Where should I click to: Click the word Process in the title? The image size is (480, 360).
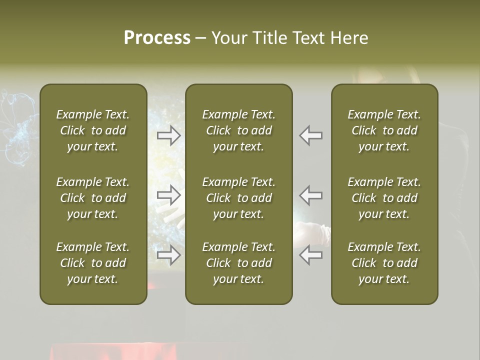click(x=157, y=38)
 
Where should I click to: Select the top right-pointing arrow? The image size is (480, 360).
click(x=169, y=135)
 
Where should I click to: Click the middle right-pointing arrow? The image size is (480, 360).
click(x=169, y=195)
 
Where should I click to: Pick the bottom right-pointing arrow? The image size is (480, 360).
click(x=169, y=255)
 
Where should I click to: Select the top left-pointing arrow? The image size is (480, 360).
click(x=310, y=135)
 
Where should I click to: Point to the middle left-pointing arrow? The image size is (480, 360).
click(x=310, y=195)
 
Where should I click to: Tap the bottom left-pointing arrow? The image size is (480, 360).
click(x=310, y=255)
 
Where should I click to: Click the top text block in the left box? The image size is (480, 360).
click(x=93, y=130)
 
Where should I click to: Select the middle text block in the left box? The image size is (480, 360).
click(x=93, y=198)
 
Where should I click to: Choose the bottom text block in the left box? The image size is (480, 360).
click(x=93, y=263)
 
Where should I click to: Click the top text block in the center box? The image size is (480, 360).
click(x=238, y=130)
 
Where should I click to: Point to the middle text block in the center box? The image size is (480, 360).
click(x=238, y=198)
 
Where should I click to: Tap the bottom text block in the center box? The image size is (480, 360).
click(x=238, y=263)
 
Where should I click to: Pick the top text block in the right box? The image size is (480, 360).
click(x=384, y=130)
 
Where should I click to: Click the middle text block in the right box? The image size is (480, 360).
click(x=384, y=198)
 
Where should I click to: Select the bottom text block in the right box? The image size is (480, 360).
click(x=384, y=263)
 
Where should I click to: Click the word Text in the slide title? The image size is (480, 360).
click(x=308, y=38)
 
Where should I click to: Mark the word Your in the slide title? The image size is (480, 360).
click(x=230, y=38)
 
